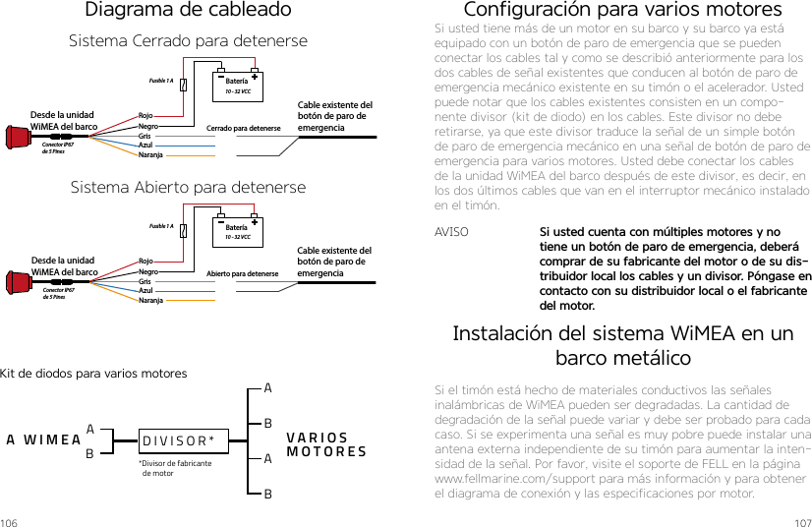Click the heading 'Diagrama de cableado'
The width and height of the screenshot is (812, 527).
pyautogui.click(x=188, y=11)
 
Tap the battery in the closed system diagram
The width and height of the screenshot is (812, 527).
pyautogui.click(x=237, y=86)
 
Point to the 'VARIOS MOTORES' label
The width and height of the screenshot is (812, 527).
pyautogui.click(x=326, y=445)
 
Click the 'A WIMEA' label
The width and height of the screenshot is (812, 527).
pyautogui.click(x=43, y=439)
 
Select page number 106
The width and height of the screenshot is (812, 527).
pyautogui.click(x=10, y=520)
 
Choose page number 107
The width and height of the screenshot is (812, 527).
pyautogui.click(x=800, y=520)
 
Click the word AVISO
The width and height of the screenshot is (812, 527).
pyautogui.click(x=451, y=234)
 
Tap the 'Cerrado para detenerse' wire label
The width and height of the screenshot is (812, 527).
pyautogui.click(x=243, y=128)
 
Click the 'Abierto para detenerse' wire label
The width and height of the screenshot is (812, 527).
pyautogui.click(x=243, y=273)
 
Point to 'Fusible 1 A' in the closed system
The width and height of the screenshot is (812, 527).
pyautogui.click(x=160, y=82)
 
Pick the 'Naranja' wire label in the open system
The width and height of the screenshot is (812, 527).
pyautogui.click(x=151, y=300)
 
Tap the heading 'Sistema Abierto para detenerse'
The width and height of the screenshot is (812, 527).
pyautogui.click(x=188, y=187)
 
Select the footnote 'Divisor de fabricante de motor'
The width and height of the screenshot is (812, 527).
pyautogui.click(x=175, y=468)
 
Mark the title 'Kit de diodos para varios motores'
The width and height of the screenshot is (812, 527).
pyautogui.click(x=93, y=374)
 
